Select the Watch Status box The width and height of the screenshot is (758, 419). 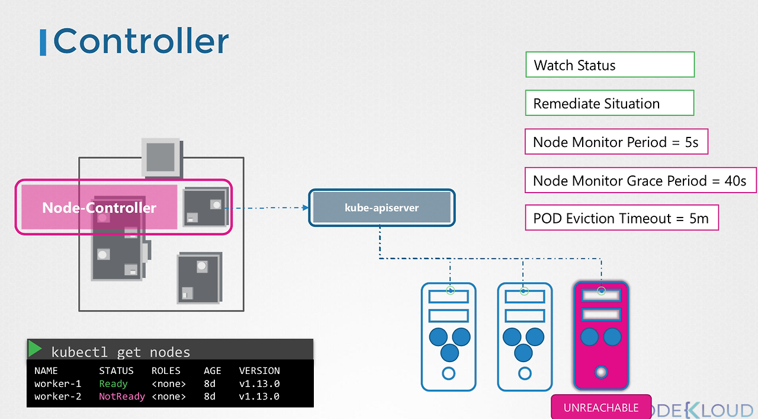(609, 65)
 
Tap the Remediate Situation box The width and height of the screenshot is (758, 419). (609, 103)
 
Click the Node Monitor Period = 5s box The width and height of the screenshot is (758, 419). (616, 142)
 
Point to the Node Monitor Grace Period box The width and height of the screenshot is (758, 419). (640, 180)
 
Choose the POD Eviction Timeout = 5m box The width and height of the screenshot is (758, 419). (621, 218)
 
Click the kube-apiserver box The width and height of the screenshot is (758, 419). (382, 207)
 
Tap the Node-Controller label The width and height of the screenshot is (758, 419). (99, 207)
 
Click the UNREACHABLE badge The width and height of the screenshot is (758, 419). (601, 408)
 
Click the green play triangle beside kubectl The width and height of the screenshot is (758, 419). (36, 349)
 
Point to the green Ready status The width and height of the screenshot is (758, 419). (113, 383)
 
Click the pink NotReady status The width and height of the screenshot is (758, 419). (122, 396)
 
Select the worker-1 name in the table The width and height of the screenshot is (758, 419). (57, 383)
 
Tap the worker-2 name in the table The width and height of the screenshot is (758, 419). (57, 396)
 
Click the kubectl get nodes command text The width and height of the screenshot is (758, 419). (121, 352)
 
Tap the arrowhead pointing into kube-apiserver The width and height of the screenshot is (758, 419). (305, 207)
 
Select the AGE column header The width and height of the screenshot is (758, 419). (212, 371)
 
